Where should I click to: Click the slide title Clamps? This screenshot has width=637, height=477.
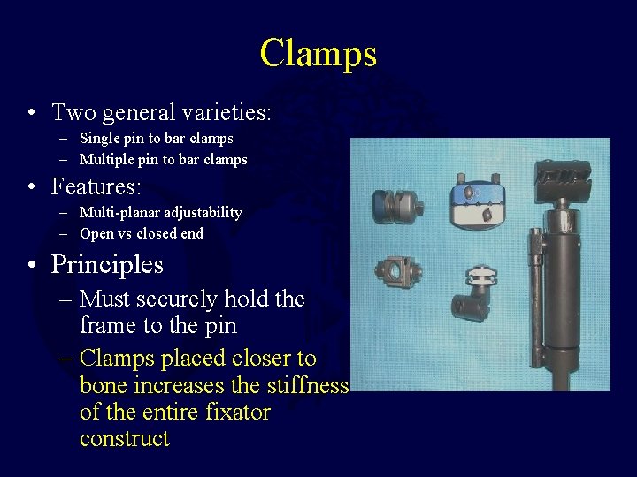click(318, 53)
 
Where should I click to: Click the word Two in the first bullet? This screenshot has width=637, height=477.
click(72, 113)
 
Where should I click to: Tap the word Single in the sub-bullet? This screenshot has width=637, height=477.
click(99, 138)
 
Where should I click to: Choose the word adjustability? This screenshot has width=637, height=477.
click(203, 212)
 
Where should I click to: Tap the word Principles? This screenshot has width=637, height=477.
click(107, 264)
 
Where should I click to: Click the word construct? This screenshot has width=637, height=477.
click(124, 439)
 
